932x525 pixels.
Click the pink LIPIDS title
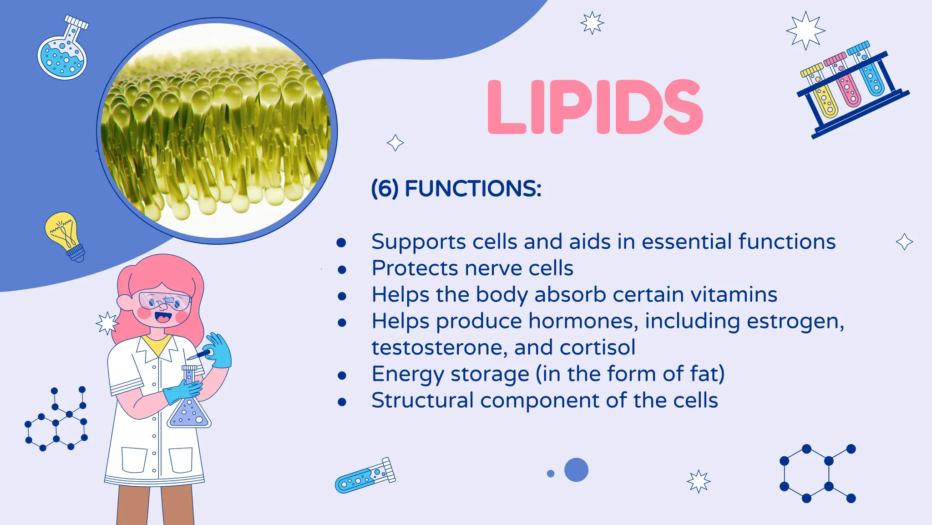(595, 107)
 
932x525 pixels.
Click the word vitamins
(734, 295)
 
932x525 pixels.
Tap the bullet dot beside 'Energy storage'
(342, 376)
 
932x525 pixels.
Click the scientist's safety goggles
(165, 301)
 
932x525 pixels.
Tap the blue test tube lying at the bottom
(365, 476)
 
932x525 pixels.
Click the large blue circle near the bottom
(576, 470)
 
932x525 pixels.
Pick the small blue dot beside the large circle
(551, 474)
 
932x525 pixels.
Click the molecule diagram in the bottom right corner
(817, 474)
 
